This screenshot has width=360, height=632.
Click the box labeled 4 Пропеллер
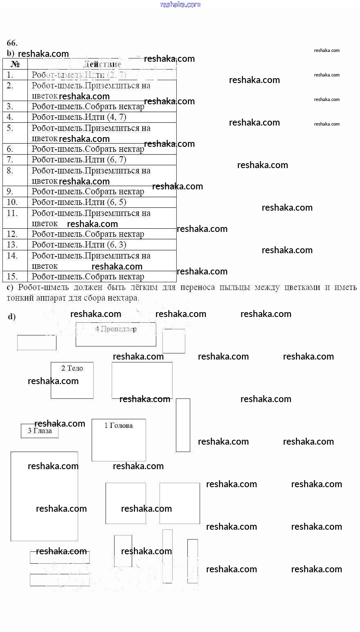point(116,334)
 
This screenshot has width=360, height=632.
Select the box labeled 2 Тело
point(72,380)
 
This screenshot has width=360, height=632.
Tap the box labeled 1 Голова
point(119,440)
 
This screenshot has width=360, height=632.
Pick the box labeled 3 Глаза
point(40,431)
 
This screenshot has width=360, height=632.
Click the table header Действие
point(102,64)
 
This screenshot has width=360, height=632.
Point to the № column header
point(15,64)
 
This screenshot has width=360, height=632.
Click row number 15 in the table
point(12,277)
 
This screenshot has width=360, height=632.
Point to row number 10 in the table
point(12,202)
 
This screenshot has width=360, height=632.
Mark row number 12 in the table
point(12,234)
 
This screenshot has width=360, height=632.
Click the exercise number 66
point(12,43)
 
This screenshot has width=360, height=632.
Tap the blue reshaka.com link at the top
point(180,4)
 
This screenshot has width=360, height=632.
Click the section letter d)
point(12,317)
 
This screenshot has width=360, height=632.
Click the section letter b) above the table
point(10,54)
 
